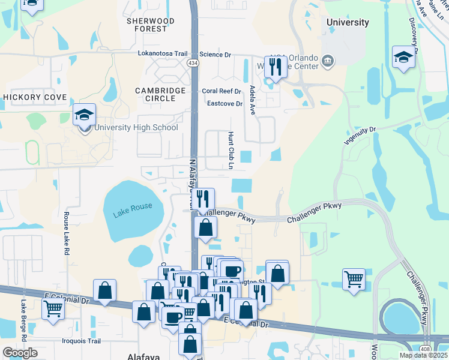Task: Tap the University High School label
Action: tap(136, 127)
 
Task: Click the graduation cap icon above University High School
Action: tap(85, 114)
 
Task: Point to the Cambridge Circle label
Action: tap(160, 95)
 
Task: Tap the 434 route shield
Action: tap(193, 62)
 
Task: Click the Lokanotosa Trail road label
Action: tap(155, 53)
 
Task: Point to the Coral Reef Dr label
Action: tap(221, 91)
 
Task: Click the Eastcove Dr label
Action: tap(224, 103)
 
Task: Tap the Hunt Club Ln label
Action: tap(231, 150)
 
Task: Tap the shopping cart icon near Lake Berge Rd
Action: tap(53, 309)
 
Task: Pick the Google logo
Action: tap(20, 353)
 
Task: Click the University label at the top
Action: tap(348, 22)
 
